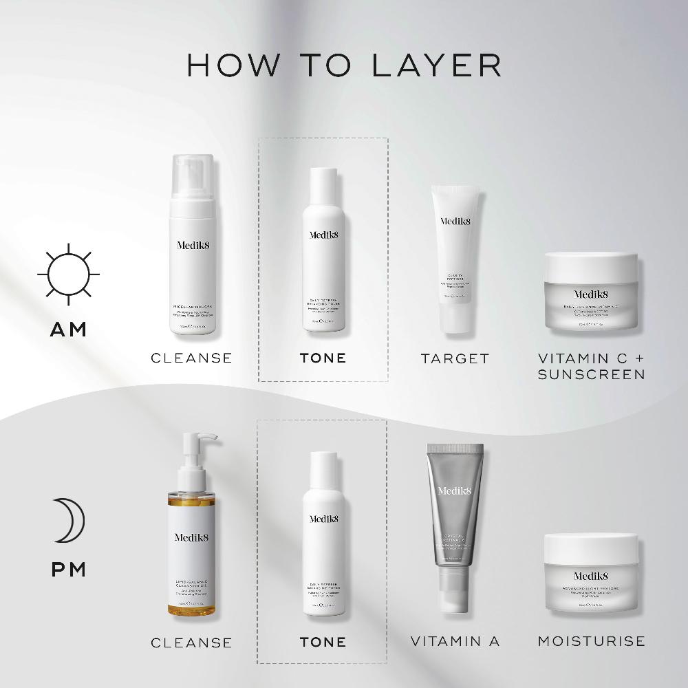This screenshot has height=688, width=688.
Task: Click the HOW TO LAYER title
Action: click(344, 65)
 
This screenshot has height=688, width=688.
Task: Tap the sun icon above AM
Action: click(69, 274)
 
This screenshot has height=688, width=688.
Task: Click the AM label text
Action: click(69, 330)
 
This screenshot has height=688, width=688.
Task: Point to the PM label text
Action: click(69, 570)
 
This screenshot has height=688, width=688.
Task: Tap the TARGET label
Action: click(455, 358)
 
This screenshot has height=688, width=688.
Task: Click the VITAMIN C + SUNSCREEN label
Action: click(591, 366)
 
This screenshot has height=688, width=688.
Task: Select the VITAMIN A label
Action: click(455, 641)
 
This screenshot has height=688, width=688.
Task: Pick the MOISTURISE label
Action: click(591, 641)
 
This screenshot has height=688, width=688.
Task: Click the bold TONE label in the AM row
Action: click(323, 358)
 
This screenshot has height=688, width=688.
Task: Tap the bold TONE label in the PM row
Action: click(323, 642)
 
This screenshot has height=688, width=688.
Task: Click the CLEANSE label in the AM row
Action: click(192, 358)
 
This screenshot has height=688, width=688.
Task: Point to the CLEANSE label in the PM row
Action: click(192, 643)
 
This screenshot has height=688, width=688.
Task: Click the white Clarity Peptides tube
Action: click(454, 258)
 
